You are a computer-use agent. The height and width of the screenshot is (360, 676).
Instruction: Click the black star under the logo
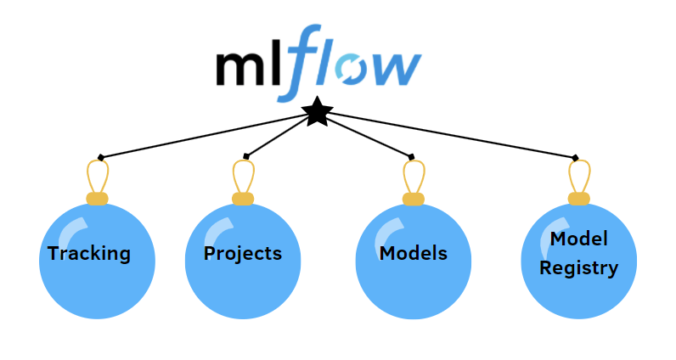coord(317,111)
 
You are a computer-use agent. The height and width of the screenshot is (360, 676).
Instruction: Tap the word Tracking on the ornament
coord(89,253)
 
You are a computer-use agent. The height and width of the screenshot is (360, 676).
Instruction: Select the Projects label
coord(243,253)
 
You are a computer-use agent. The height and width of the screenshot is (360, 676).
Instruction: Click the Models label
coord(414,253)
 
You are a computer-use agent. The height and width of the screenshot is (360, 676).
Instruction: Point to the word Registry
coord(579,267)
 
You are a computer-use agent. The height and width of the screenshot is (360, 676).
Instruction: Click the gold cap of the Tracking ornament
coord(98,199)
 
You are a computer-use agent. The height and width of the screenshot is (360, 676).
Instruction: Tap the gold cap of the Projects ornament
coord(243,199)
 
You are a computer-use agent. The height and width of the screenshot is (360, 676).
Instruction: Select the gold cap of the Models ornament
coord(414,199)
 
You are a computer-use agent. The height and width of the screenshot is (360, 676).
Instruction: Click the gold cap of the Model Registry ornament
coord(579,199)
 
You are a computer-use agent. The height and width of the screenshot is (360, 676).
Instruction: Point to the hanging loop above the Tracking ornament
coord(98,177)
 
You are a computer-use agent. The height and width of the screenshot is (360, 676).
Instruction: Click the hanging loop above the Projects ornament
coord(243,177)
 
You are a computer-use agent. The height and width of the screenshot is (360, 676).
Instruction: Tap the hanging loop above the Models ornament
coord(414,177)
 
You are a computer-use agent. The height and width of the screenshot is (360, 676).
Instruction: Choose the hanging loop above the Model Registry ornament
coord(579,177)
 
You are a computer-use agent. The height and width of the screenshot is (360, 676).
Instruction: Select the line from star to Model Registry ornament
coord(450,135)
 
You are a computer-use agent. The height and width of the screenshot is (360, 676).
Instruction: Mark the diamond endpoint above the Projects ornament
coord(246,156)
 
